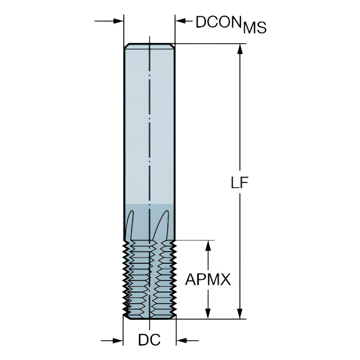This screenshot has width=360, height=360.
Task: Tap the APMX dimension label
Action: coord(208,279)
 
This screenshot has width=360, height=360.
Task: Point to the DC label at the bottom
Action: coord(149,340)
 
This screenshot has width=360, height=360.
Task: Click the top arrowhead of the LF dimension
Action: coord(240,49)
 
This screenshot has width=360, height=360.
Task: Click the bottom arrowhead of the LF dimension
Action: coord(240,314)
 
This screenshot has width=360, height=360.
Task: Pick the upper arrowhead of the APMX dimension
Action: coord(208,246)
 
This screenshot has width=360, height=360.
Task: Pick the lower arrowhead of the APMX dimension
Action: coord(208,314)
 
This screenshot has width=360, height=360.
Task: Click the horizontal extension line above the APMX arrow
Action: coord(196,240)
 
